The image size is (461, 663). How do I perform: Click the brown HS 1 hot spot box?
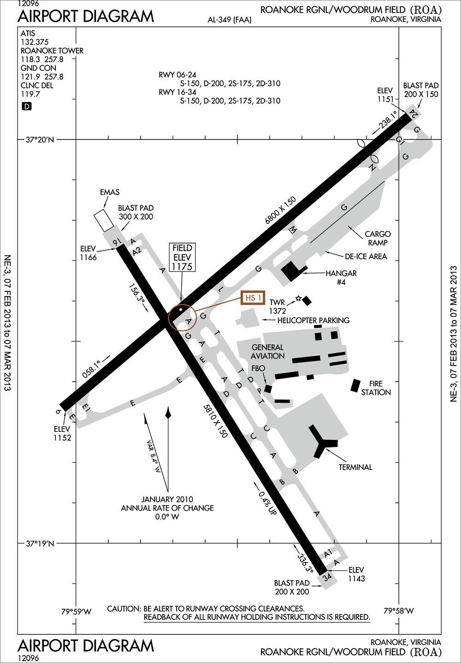tap(254, 298)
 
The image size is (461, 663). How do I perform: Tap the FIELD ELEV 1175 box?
tap(182, 257)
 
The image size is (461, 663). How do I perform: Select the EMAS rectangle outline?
tap(103, 221)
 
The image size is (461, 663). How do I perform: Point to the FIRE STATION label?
tap(376, 388)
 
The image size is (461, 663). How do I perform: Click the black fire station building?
tap(355, 385)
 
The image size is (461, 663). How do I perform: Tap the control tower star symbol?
tap(298, 298)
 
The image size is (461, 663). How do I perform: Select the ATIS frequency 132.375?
tap(35, 42)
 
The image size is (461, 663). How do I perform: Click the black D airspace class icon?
tap(27, 106)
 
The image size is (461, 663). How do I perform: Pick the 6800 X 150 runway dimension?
tap(280, 210)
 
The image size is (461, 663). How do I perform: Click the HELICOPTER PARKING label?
tap(313, 320)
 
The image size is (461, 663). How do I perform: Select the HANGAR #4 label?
tap(341, 277)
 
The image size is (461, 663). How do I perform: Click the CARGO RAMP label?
tap(378, 238)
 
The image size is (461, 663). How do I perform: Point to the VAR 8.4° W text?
tap(154, 457)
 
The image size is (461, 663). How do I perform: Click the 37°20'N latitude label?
tap(40, 140)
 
